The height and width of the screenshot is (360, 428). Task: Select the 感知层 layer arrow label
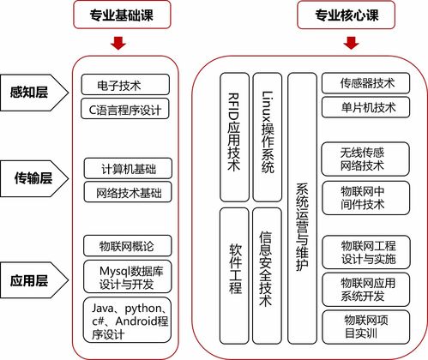(30, 93)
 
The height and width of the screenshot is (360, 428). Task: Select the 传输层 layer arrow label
(33, 178)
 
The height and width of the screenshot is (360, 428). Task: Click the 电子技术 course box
(129, 85)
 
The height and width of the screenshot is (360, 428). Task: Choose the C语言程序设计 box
(129, 109)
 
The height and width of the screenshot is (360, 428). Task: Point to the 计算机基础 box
(129, 169)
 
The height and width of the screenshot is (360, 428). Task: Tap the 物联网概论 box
(129, 246)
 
